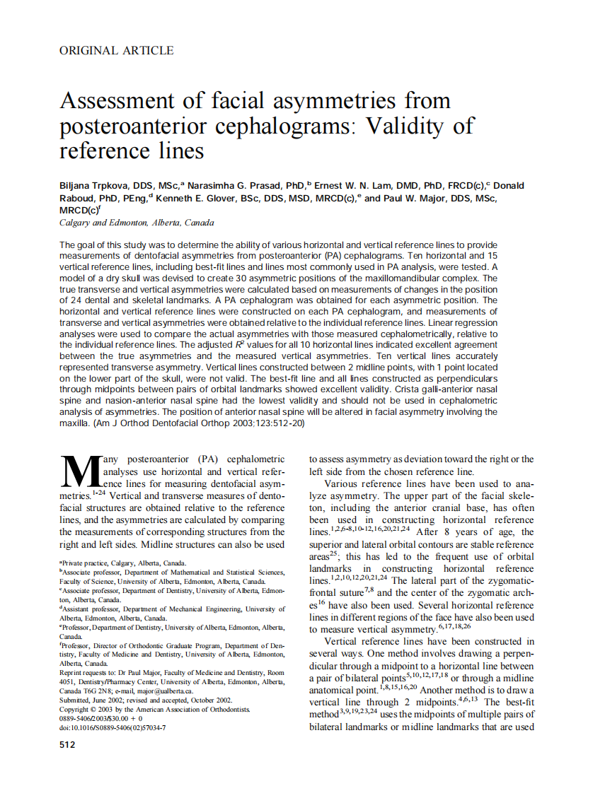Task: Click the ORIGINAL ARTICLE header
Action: click(x=117, y=50)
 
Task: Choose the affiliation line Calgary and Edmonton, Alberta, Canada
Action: click(x=137, y=223)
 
